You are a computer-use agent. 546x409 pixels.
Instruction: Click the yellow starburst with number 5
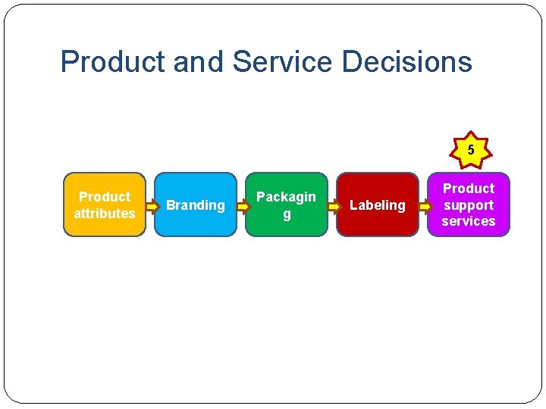[x=471, y=150]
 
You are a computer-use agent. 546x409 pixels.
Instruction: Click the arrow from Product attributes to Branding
[x=152, y=205]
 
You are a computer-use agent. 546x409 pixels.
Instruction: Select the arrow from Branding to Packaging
[x=243, y=205]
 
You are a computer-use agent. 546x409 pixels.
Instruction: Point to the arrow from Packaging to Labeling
[x=334, y=205]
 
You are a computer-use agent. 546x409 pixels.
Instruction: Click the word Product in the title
[x=113, y=62]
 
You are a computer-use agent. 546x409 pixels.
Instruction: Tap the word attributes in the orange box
[x=105, y=214]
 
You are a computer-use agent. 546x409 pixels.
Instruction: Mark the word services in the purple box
[x=469, y=221]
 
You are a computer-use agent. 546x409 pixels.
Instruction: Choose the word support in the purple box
[x=469, y=205]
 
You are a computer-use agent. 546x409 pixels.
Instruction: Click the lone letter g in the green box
[x=287, y=214]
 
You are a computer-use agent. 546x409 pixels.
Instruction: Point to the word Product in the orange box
[x=105, y=197]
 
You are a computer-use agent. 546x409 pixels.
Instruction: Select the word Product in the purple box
[x=469, y=189]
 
